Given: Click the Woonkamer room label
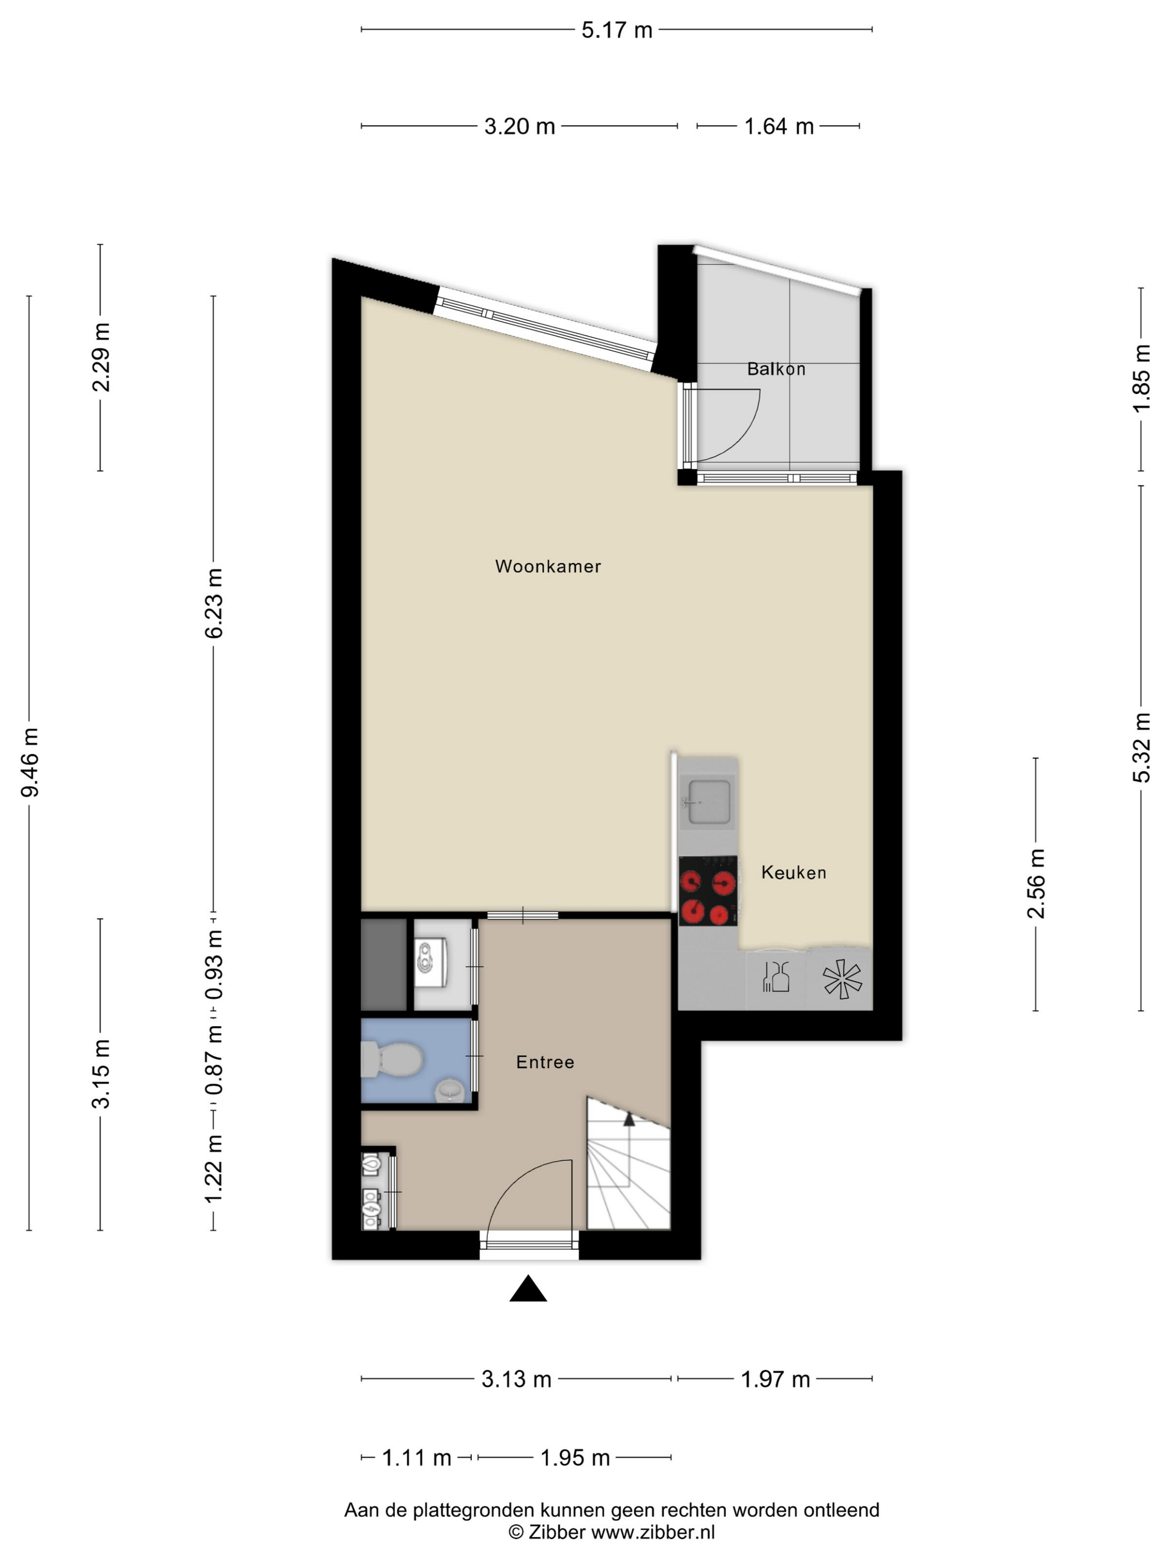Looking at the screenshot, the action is [x=548, y=566].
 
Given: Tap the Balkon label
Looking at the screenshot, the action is [x=776, y=369].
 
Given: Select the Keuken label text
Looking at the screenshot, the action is [x=793, y=872].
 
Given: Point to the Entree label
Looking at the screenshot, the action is [x=545, y=1062].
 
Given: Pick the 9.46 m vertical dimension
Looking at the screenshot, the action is [x=30, y=762].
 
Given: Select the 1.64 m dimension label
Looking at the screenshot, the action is [x=778, y=126].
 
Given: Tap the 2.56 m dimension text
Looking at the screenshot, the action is [x=1035, y=884].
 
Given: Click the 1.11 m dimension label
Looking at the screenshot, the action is [x=416, y=1457].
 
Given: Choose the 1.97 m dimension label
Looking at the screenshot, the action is [x=775, y=1379].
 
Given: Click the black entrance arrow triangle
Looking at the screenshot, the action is [x=528, y=1289].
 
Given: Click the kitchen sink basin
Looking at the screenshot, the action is [x=708, y=801].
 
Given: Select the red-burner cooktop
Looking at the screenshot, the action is [x=708, y=891].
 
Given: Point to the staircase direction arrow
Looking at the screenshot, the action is [x=628, y=1119].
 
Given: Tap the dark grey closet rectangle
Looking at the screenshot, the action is [x=384, y=965].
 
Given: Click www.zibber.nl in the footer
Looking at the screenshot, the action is [x=652, y=1532].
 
